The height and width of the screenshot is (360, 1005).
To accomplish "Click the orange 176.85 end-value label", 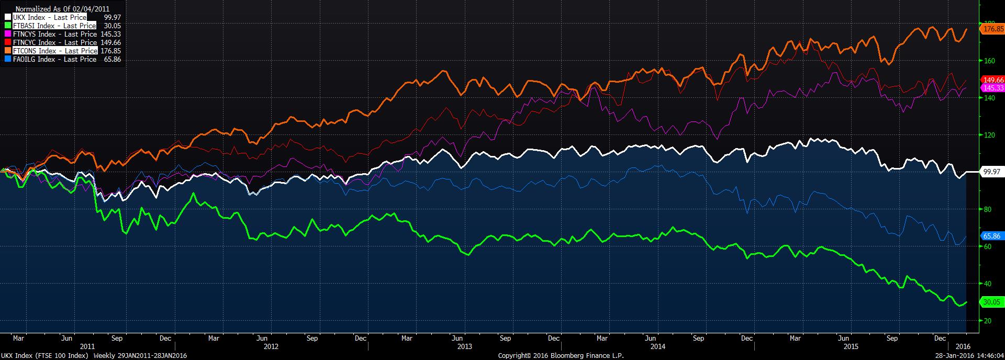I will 993,29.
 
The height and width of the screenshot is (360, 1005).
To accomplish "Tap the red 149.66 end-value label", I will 993,80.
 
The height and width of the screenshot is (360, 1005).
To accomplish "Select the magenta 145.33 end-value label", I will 993,88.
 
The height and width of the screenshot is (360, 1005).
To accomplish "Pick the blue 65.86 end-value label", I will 992,236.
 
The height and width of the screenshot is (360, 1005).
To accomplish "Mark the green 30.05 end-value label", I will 992,302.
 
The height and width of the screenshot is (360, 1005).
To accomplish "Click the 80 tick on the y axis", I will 987,209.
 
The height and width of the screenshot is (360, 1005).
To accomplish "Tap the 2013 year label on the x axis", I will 464,346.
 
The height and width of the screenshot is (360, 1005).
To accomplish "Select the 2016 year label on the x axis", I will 963,346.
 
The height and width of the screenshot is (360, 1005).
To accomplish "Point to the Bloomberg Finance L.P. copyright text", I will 561,356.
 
